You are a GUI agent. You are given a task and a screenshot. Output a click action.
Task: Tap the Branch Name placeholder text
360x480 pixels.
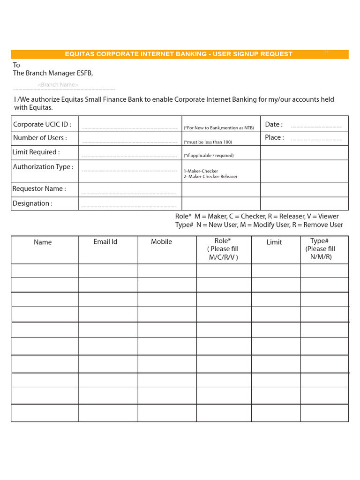coord(58,85)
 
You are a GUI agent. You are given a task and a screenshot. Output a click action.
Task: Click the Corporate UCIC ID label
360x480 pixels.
coord(42,125)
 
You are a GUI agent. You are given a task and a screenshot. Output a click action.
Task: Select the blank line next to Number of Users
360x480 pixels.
coord(129,142)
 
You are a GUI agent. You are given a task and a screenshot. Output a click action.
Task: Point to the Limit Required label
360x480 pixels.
coord(36,152)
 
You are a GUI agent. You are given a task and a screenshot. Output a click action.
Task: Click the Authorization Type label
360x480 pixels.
coord(43,167)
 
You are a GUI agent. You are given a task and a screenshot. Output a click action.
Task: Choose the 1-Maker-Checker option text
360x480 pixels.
coord(201,171)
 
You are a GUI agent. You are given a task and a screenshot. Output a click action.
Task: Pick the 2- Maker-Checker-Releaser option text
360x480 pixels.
coord(210,177)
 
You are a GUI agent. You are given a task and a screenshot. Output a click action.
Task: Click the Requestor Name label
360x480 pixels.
coord(39,189)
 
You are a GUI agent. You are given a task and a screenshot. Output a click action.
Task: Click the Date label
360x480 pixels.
coord(274,125)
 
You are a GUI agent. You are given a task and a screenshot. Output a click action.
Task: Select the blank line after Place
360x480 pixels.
coord(316,140)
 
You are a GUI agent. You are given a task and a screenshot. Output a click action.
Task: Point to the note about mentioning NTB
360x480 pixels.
coord(218,128)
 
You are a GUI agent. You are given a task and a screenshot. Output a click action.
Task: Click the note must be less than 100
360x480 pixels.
coord(208,142)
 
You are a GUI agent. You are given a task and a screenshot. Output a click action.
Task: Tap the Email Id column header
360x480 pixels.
coord(105,242)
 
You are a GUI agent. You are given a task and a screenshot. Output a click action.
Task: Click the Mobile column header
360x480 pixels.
coord(161,242)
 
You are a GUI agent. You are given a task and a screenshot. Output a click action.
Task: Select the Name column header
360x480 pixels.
coord(43,242)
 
